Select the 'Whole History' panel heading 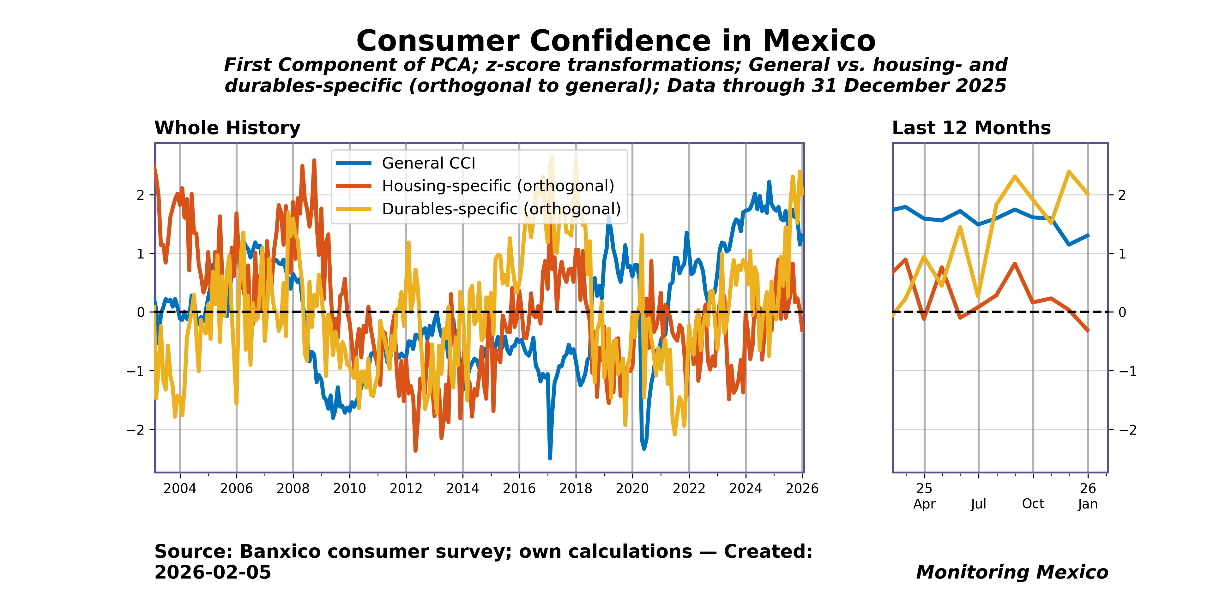(x=227, y=128)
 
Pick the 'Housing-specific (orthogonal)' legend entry (x=498, y=186)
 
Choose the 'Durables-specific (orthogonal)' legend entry (x=501, y=209)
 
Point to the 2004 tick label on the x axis (x=180, y=489)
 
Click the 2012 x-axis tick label (x=406, y=489)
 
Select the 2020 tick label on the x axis (x=632, y=489)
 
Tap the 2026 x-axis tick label (x=802, y=489)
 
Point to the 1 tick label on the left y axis (x=140, y=254)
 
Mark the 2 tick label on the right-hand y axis (x=1121, y=195)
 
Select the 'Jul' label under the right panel (x=979, y=504)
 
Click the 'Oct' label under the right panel (x=1033, y=504)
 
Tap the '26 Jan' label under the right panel (x=1088, y=496)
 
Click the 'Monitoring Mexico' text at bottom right (x=1012, y=572)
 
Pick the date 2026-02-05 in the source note (x=213, y=572)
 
